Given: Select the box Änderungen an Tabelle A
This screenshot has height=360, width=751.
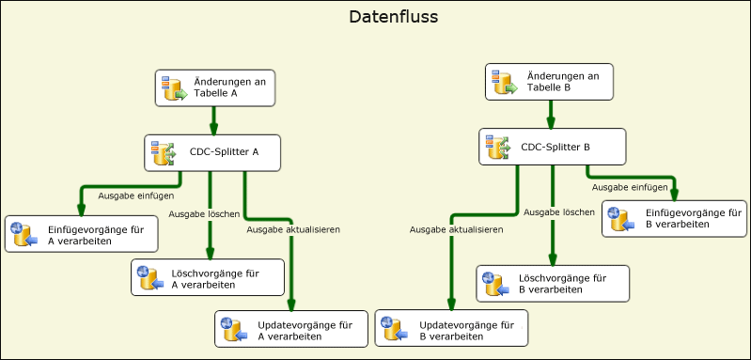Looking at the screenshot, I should [217, 87].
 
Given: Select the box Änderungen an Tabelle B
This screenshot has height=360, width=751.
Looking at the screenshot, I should [550, 82].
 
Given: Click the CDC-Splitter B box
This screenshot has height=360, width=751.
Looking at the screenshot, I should [552, 147].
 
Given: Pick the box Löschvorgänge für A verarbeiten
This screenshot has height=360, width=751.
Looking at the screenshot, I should [206, 277].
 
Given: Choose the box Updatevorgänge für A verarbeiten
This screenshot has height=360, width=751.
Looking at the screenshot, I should [290, 329].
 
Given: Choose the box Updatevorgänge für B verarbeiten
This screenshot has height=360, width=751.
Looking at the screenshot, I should [451, 329].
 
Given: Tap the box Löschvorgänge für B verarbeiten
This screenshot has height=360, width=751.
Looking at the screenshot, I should [553, 284].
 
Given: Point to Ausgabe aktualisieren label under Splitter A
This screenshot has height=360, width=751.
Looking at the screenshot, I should [293, 228].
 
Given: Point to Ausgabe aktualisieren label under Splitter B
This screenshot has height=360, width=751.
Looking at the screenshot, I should [457, 228].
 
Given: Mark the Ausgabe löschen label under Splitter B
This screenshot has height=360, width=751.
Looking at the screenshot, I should [559, 212].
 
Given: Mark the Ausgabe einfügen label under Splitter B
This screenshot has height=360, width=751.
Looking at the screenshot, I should [630, 187].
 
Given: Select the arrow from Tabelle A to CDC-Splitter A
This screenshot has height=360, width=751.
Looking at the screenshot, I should [214, 120].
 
